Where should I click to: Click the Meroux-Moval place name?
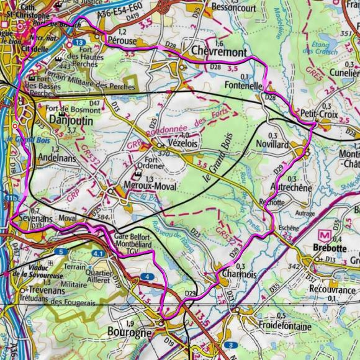click(150, 186)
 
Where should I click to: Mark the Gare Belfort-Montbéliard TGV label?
click(140, 241)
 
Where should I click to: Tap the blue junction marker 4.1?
click(98, 254)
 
